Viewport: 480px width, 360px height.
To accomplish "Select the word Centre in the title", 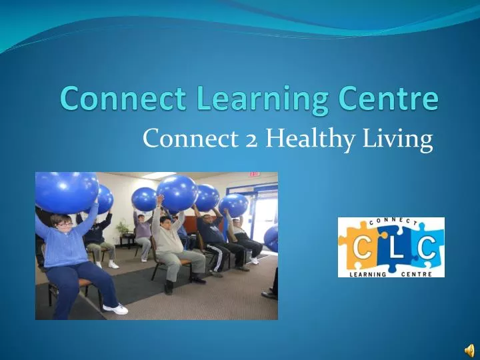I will [x=385, y=98].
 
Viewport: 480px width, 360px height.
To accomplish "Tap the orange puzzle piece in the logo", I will [x=358, y=248].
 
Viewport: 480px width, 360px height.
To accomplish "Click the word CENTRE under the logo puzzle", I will [x=420, y=273].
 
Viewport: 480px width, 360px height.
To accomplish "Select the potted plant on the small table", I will [x=123, y=229].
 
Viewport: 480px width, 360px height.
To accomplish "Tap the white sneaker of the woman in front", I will [x=116, y=309].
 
